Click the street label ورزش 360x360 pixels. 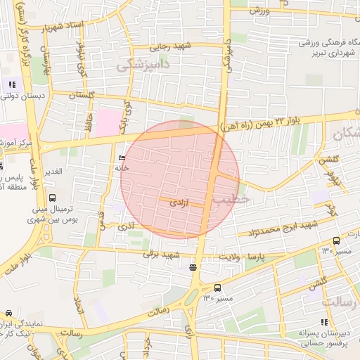[x=261, y=9]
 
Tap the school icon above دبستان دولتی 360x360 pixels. [x=12, y=84]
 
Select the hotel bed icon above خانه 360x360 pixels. [x=122, y=157]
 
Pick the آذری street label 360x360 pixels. [x=126, y=226]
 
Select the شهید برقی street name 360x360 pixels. [x=162, y=254]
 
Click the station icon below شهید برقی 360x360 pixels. [x=193, y=267]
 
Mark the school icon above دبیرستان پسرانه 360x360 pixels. [x=323, y=323]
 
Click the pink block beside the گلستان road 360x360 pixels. [x=108, y=122]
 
